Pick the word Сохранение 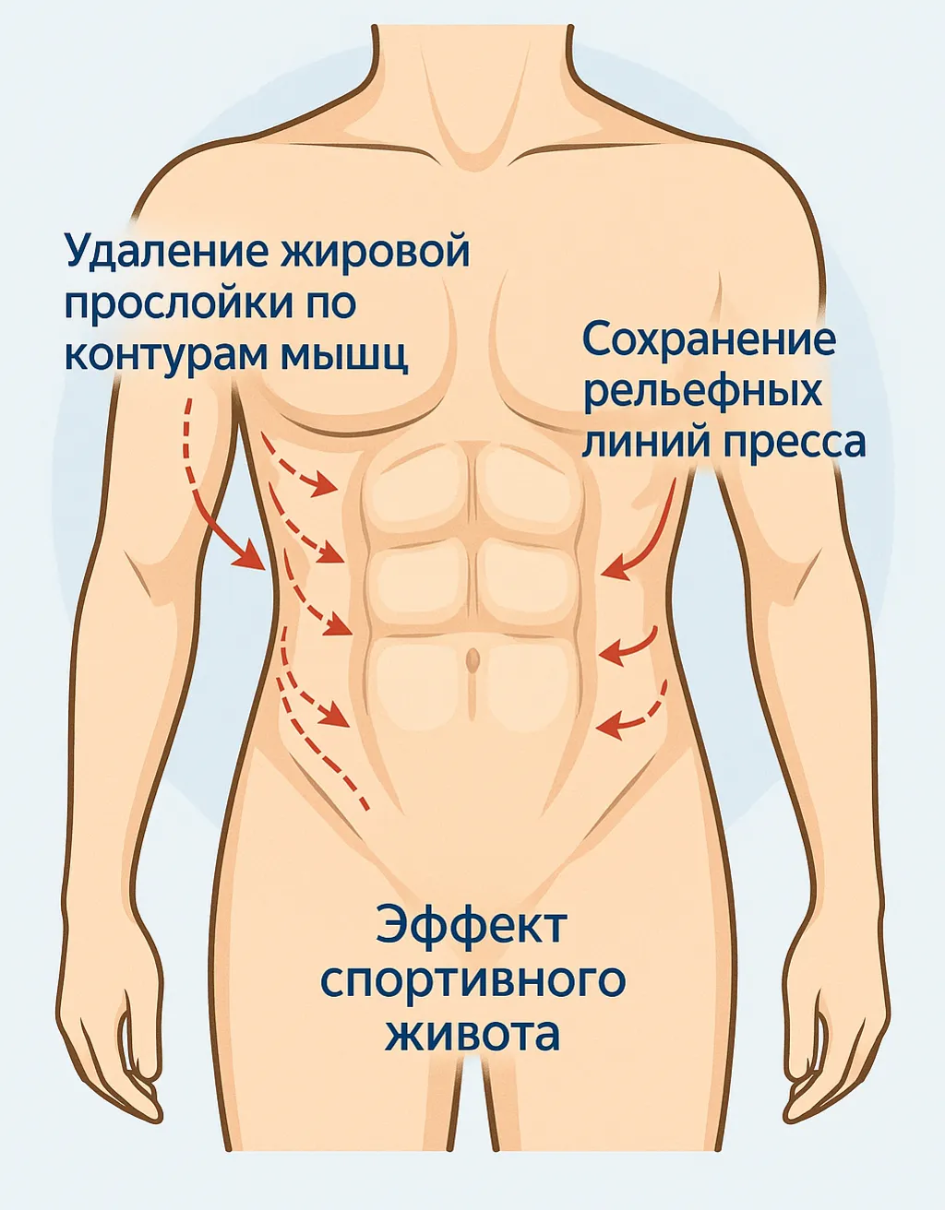[x=709, y=339]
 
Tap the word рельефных [x=701, y=391]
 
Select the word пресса [x=793, y=442]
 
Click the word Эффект [x=472, y=926]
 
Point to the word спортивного [x=472, y=979]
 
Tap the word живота [x=472, y=1033]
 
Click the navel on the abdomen [x=472, y=660]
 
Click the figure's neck [x=472, y=83]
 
